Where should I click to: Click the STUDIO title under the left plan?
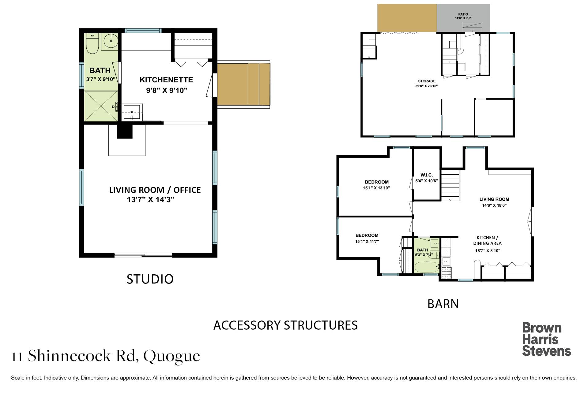[x=150, y=279]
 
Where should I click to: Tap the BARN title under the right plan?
[x=443, y=304]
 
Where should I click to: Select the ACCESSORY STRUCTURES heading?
[x=285, y=325]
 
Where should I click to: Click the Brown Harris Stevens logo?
[x=547, y=339]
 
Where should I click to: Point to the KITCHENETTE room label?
[x=166, y=80]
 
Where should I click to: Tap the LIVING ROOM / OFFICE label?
[x=155, y=190]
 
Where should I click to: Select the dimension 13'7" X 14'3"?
[x=151, y=200]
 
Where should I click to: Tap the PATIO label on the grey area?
[x=463, y=14]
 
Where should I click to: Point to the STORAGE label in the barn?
[x=427, y=81]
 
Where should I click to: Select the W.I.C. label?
[x=427, y=175]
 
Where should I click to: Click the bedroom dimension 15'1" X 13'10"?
[x=376, y=188]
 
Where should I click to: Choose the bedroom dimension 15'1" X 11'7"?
[x=367, y=241]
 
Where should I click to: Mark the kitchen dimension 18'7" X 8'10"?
[x=487, y=250]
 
